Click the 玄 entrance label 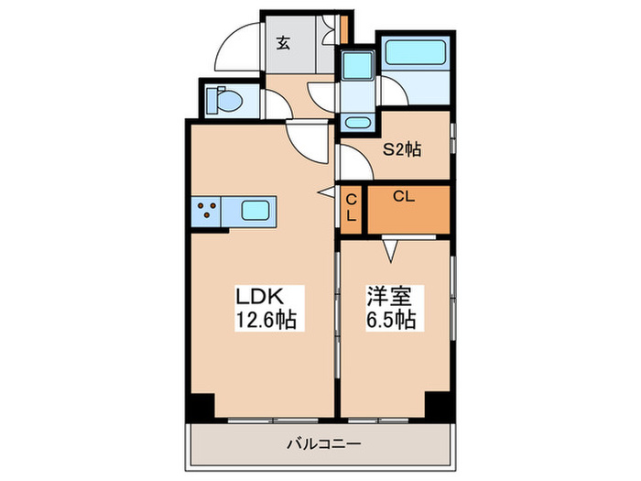click(x=284, y=40)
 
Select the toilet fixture click(x=222, y=100)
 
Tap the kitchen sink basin click(x=256, y=212)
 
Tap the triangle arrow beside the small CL click(x=325, y=192)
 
